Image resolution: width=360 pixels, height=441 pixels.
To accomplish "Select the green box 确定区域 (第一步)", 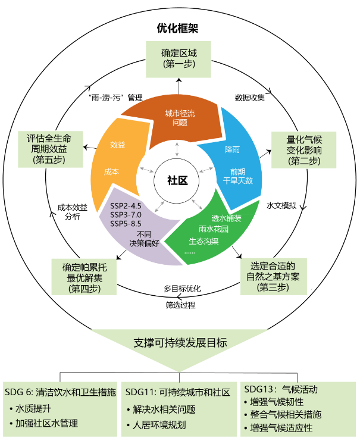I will [179, 58].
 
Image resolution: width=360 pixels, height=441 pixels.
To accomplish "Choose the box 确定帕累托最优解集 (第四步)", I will [84, 276].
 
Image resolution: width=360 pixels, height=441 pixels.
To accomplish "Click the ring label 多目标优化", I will [182, 289].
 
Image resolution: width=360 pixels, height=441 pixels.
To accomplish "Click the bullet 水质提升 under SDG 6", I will [35, 409].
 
